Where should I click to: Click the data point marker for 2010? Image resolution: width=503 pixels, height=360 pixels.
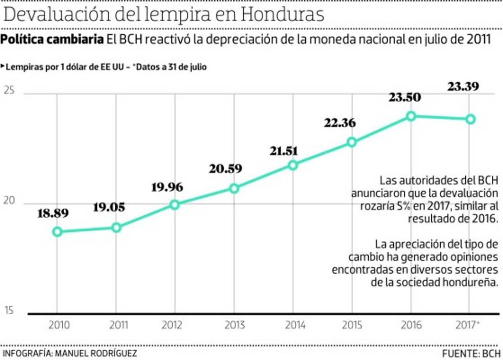58,232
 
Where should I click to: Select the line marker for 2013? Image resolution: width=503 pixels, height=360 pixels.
234,189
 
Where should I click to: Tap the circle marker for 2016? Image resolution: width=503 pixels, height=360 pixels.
411,116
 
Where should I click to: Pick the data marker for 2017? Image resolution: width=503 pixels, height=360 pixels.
470,119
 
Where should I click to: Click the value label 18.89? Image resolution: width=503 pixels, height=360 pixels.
53,214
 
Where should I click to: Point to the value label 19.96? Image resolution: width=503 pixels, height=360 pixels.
167,186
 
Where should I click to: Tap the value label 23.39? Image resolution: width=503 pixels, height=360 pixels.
464,87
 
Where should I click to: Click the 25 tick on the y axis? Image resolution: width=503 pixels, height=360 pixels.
9,91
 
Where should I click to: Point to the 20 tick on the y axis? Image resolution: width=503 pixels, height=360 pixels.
9,201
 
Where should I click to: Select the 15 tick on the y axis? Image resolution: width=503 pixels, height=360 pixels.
9,311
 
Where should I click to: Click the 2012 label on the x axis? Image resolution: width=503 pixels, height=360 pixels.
175,325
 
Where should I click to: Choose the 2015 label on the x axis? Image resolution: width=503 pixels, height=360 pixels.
352,325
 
